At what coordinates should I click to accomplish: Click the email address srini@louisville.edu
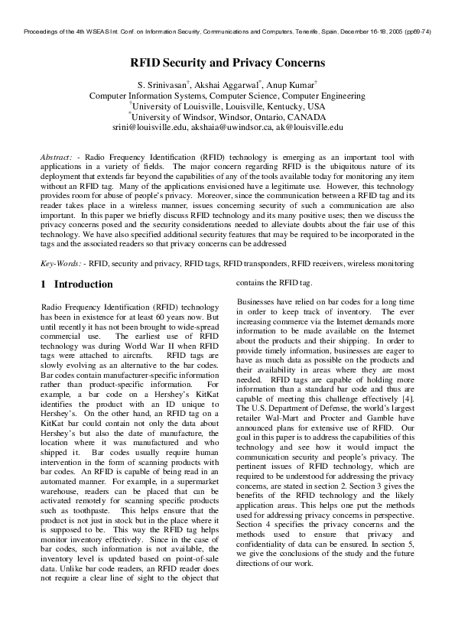(x=150, y=128)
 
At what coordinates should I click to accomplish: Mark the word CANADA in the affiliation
(x=304, y=117)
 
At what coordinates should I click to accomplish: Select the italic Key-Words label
(x=60, y=263)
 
